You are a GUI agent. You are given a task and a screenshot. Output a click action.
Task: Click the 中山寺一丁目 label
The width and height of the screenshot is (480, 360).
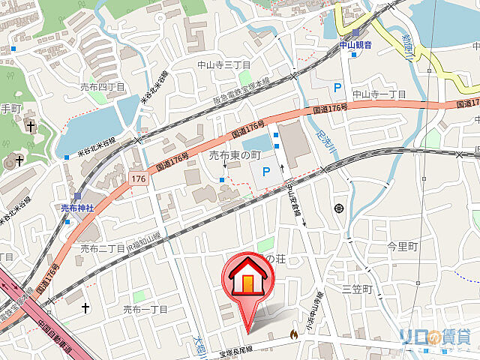(379, 94)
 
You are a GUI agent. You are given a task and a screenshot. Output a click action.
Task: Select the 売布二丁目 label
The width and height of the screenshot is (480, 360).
(103, 248)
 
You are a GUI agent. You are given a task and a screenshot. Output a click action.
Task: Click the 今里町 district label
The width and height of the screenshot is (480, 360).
(401, 246)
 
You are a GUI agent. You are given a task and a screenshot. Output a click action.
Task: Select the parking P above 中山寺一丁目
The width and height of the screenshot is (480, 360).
(337, 88)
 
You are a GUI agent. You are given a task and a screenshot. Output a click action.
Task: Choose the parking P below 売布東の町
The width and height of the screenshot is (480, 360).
(265, 172)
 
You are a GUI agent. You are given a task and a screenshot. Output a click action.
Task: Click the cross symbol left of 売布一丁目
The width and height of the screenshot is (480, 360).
(85, 307)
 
